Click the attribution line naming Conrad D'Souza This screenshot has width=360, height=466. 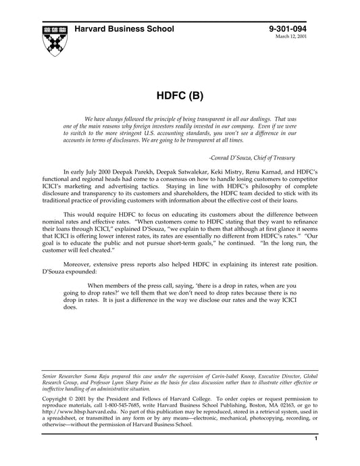point(267,156)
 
